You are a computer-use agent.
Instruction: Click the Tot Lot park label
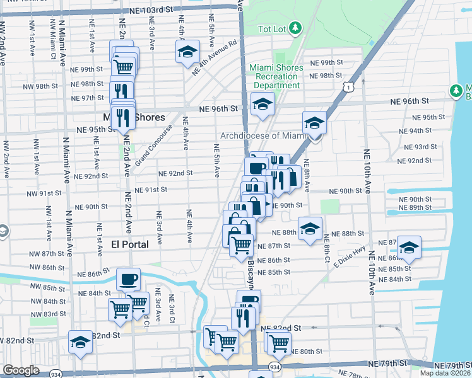[273, 29]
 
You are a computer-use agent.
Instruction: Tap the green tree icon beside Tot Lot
[295, 28]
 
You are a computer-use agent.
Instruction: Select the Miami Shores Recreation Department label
[273, 76]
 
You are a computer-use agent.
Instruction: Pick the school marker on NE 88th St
[309, 229]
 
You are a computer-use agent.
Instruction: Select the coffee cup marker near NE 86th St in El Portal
[128, 280]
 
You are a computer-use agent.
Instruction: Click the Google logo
[21, 371]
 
